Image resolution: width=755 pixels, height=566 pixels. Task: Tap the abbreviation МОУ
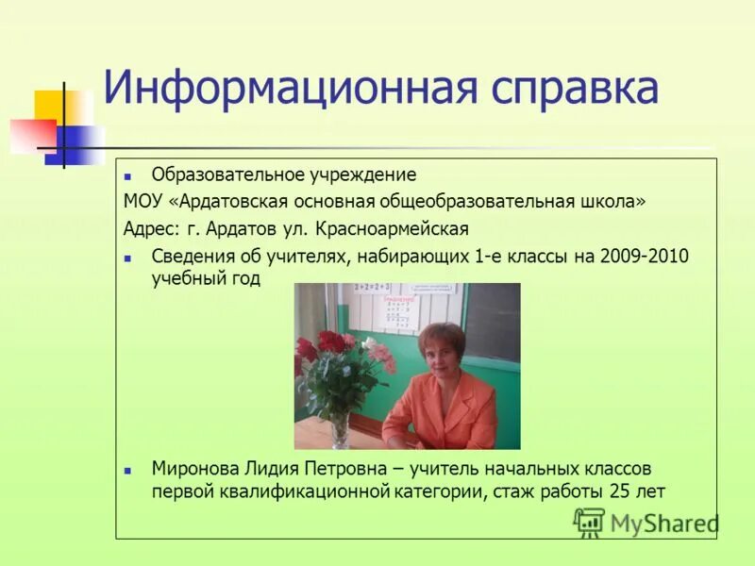(141, 201)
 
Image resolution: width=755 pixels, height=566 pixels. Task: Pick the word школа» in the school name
(614, 201)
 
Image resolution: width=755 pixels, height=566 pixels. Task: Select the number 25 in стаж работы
(613, 491)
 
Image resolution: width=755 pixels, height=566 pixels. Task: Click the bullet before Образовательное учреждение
(131, 175)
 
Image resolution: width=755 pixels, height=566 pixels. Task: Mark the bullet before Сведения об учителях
(131, 257)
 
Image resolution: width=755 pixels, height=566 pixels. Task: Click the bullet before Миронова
(131, 470)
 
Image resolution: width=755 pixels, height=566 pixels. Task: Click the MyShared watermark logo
(646, 522)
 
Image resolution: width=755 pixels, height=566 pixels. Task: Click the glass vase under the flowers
(339, 429)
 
